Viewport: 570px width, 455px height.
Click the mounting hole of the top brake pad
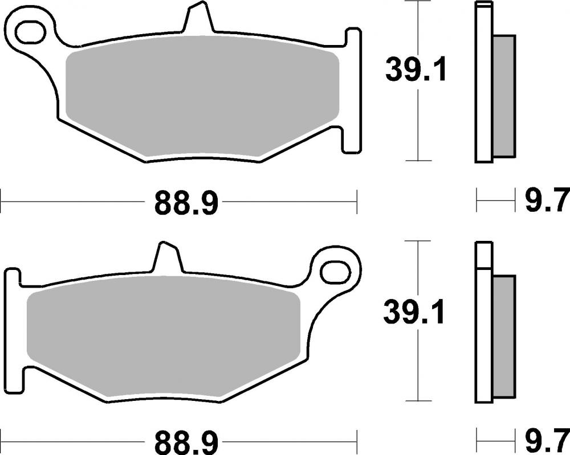pos(31,32)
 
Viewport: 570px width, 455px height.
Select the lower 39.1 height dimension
pos(414,312)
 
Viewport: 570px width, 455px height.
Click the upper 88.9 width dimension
pos(186,202)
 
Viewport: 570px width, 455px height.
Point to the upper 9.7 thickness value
pos(545,201)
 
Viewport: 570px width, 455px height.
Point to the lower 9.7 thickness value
pos(545,440)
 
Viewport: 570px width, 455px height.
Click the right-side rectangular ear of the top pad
pos(352,91)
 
